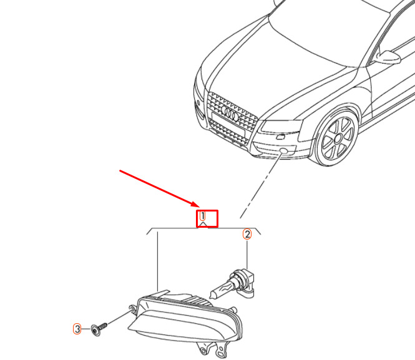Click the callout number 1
(202, 216)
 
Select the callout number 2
(247, 235)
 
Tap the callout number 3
(77, 329)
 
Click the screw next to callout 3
(99, 329)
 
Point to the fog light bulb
(232, 283)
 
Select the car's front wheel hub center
(338, 139)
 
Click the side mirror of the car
(387, 57)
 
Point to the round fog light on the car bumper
(284, 151)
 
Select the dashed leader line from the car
(260, 186)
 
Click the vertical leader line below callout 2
(247, 255)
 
